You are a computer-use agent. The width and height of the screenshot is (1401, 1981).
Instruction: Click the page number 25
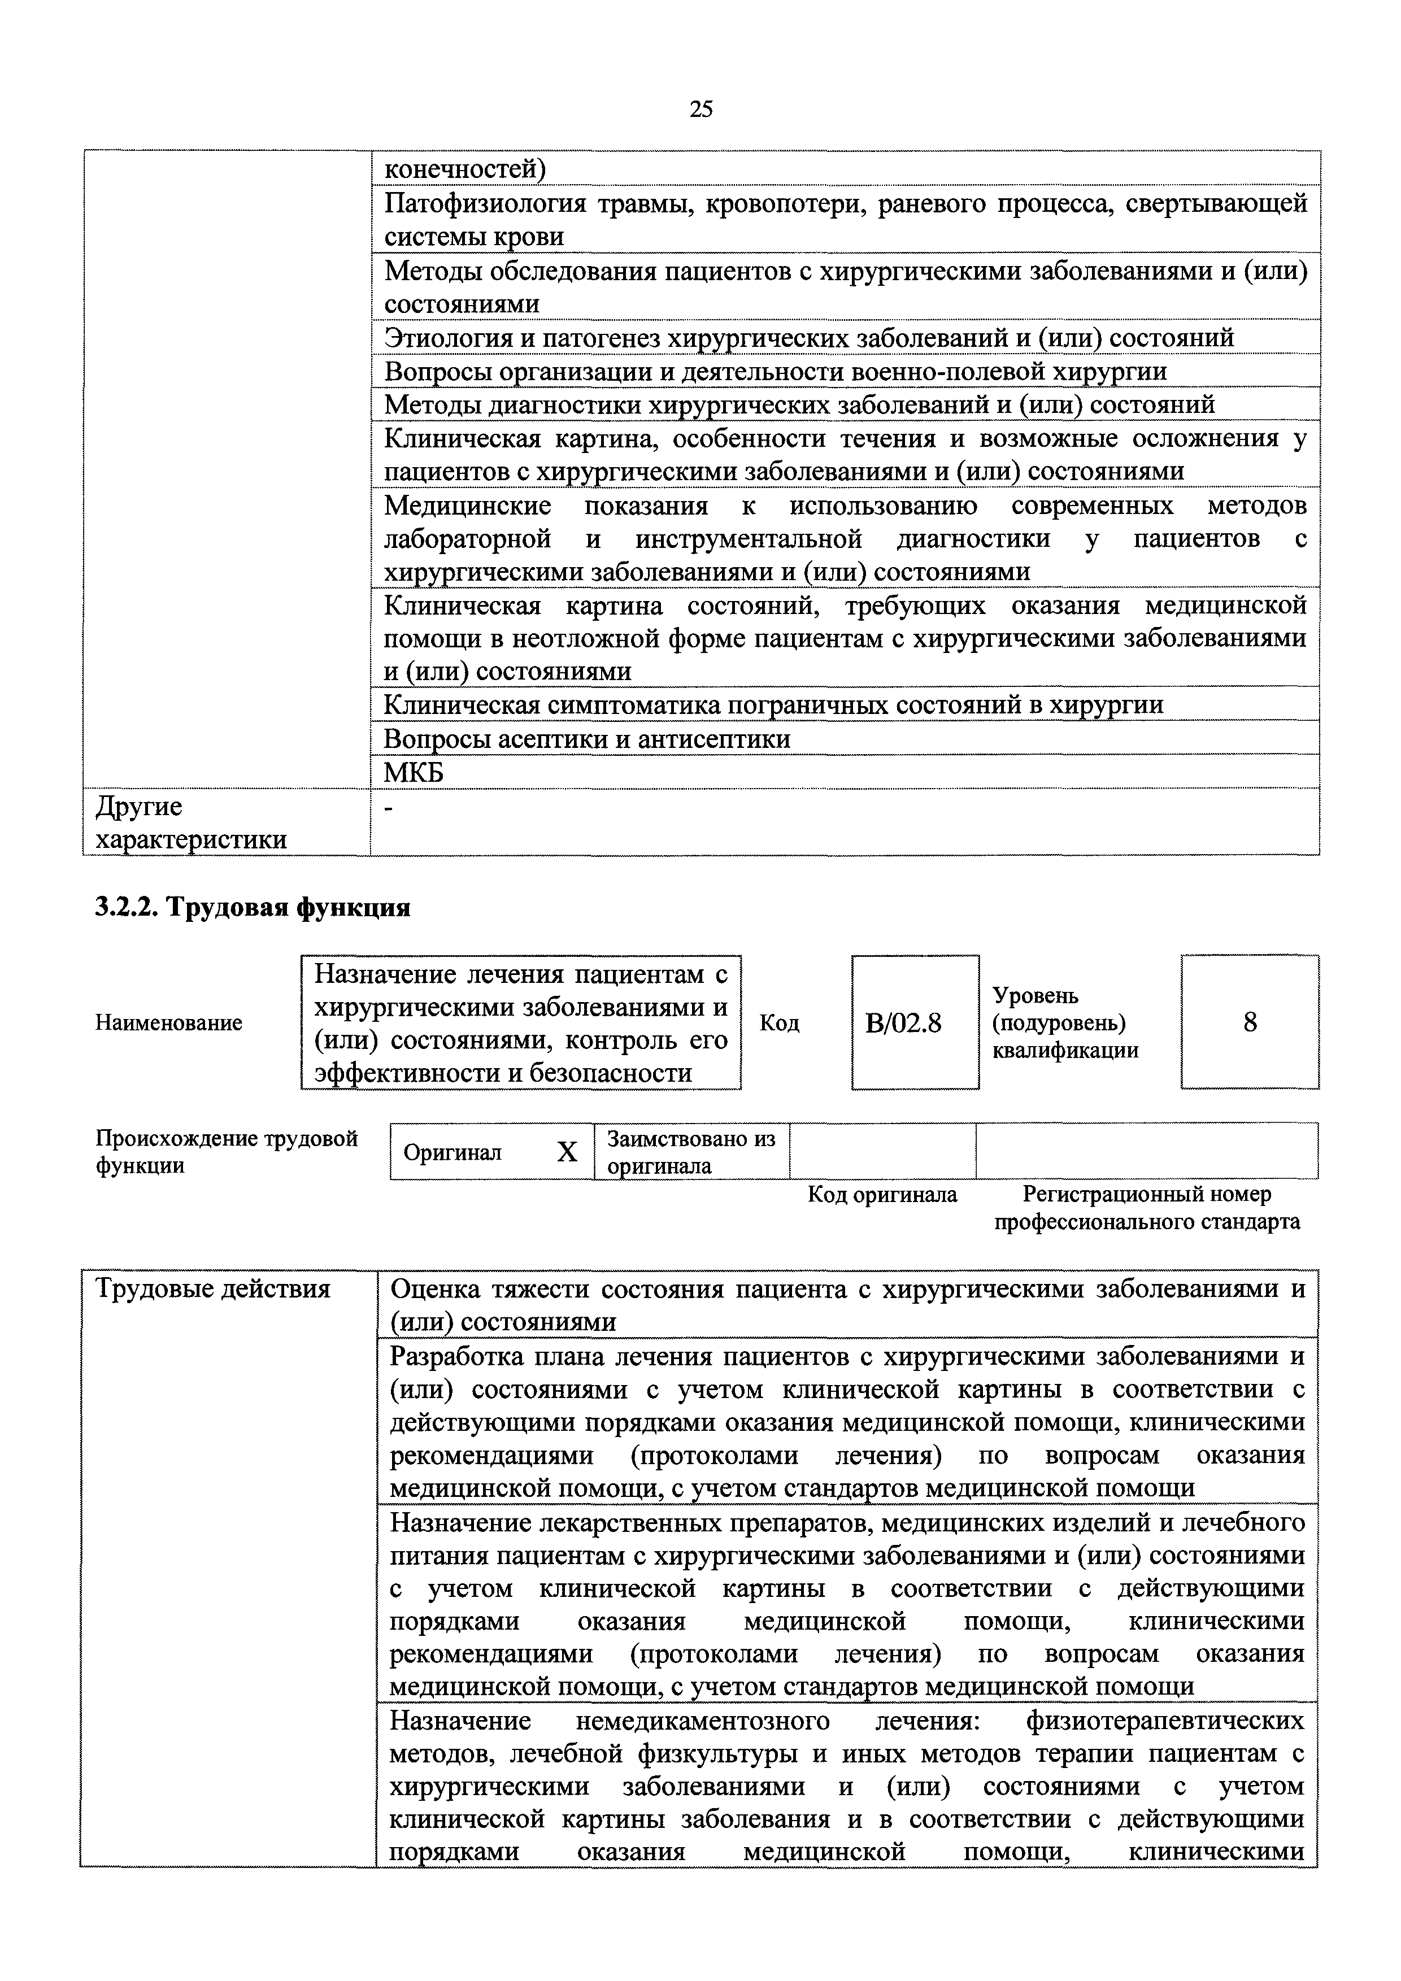pos(700,108)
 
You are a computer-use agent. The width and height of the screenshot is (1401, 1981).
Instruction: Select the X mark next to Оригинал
pos(567,1152)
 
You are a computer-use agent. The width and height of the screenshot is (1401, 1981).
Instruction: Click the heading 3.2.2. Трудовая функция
pos(252,908)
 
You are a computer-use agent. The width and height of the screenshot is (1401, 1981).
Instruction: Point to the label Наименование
pos(168,1024)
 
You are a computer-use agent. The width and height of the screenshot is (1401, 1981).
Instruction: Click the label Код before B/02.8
pos(779,1024)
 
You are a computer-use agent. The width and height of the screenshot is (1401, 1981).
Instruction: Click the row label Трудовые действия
pos(212,1289)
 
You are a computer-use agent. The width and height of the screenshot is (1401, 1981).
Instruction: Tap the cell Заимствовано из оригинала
pos(690,1152)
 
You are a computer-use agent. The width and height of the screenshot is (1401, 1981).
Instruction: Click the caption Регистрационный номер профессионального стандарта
pos(1147,1208)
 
